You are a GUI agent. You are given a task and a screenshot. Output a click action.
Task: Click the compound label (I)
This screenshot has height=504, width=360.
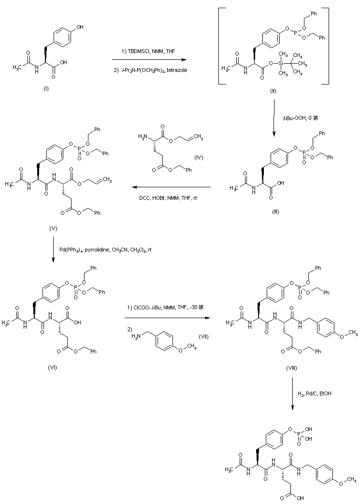click(x=46, y=89)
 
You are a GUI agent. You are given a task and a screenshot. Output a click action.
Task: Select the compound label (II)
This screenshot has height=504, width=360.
click(x=274, y=90)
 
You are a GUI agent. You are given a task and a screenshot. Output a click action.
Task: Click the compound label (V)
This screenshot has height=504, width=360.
click(x=53, y=228)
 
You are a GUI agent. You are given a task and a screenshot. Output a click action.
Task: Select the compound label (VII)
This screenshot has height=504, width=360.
click(x=203, y=336)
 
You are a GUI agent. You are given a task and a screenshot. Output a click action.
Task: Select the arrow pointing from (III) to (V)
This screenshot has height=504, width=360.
click(x=172, y=187)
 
